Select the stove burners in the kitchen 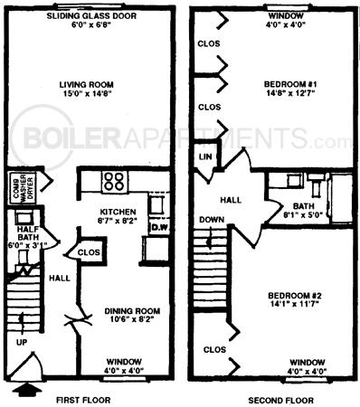coord(113,180)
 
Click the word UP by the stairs coord(21,342)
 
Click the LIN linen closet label coord(205,157)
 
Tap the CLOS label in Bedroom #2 coord(213,348)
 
